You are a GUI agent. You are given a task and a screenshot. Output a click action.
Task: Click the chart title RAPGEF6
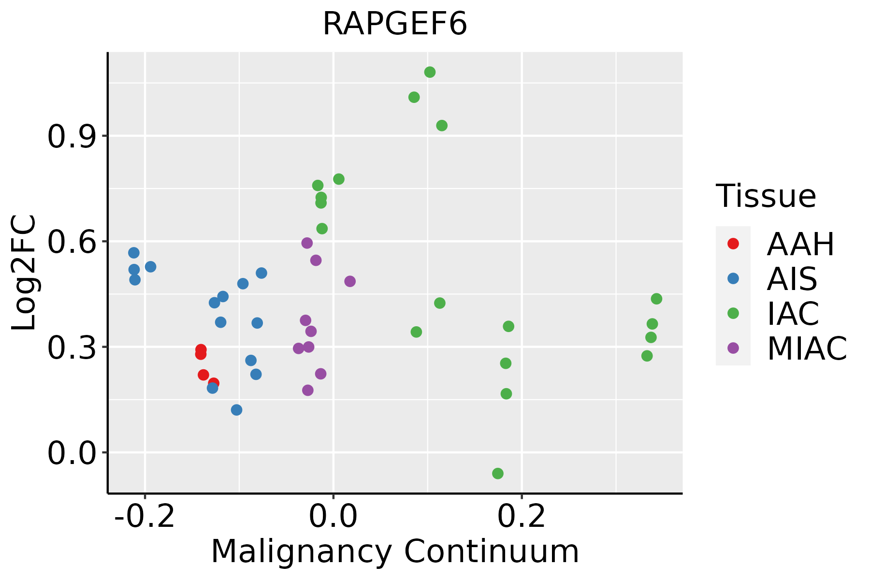395,24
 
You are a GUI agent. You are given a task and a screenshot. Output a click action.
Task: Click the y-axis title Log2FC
24,273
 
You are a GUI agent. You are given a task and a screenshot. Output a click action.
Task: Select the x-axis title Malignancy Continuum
395,551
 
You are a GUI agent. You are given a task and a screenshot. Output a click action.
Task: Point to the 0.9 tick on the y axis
71,137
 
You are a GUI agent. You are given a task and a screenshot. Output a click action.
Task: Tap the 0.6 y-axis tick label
71,242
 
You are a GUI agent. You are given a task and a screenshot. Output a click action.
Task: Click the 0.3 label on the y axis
71,348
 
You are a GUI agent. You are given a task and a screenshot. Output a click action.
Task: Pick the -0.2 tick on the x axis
144,516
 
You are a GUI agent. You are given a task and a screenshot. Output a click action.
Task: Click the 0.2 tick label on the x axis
522,516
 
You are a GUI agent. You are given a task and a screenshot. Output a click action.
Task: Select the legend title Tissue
766,196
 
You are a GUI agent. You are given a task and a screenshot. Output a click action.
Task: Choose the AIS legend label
792,279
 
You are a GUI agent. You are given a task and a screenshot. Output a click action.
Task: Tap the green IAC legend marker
733,313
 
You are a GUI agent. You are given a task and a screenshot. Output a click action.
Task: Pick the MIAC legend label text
807,348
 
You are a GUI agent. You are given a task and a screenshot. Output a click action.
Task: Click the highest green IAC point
430,72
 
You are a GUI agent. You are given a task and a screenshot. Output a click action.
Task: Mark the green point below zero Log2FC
498,474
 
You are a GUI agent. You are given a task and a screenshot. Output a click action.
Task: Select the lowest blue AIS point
236,410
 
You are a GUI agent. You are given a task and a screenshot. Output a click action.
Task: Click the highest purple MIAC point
307,243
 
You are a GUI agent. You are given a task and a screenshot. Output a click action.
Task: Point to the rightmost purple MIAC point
350,281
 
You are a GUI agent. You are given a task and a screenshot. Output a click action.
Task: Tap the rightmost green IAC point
656,299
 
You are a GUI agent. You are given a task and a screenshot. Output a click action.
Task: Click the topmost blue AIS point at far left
134,253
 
